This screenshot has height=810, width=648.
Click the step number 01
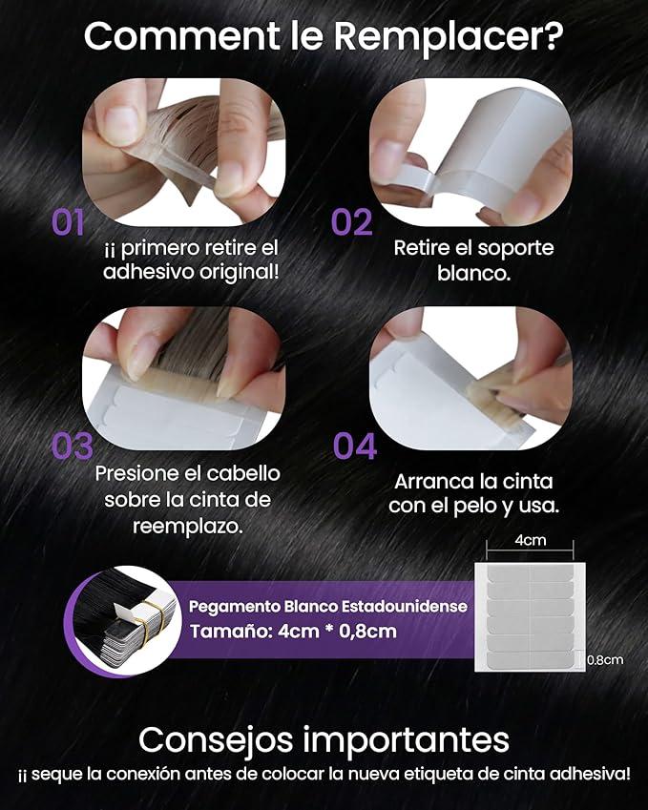click(x=69, y=222)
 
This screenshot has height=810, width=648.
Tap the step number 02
click(x=351, y=222)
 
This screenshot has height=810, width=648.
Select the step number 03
click(x=72, y=447)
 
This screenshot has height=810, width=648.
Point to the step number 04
click(x=355, y=446)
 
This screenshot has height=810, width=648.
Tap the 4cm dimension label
click(x=531, y=540)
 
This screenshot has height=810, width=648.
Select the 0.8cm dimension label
click(x=605, y=659)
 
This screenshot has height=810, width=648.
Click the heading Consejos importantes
click(x=324, y=739)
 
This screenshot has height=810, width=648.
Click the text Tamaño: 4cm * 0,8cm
click(x=293, y=631)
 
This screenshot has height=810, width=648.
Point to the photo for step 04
click(x=470, y=367)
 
